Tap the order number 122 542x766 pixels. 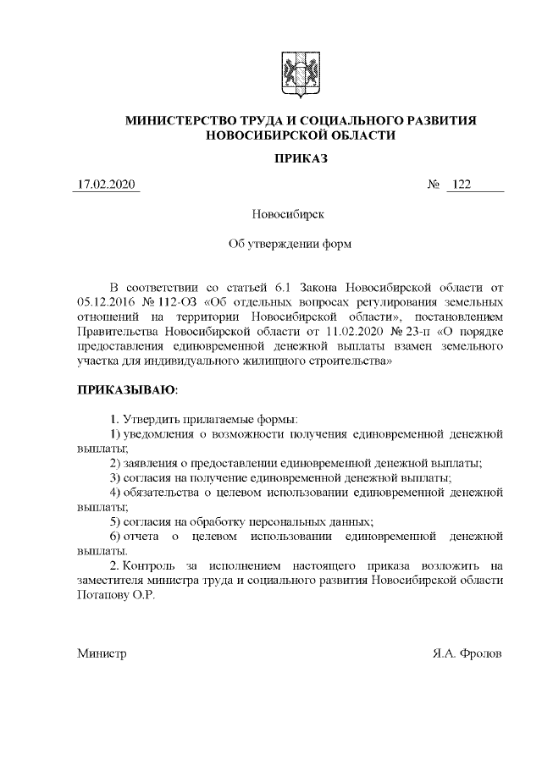pyautogui.click(x=462, y=185)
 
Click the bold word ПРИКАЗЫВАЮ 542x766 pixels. pyautogui.click(x=127, y=390)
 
